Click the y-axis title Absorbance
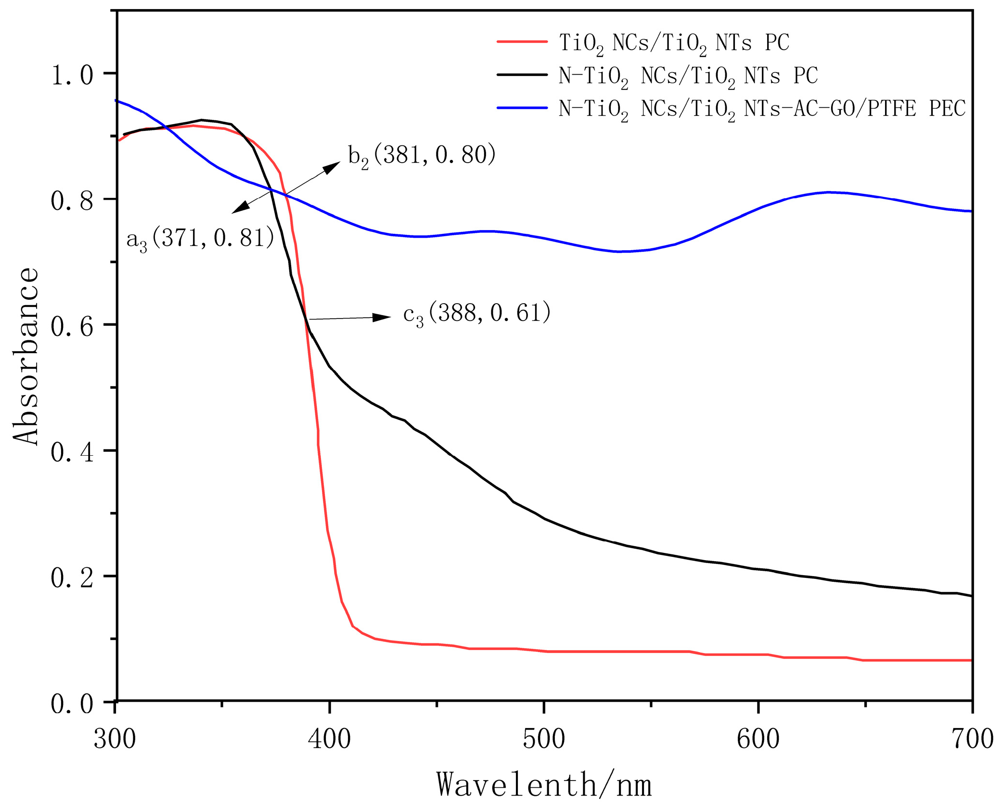pyautogui.click(x=25, y=356)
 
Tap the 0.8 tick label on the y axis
pyautogui.click(x=72, y=201)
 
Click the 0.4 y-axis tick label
pyautogui.click(x=72, y=453)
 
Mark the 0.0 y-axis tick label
pyautogui.click(x=72, y=704)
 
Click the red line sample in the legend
pyautogui.click(x=522, y=42)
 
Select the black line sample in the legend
pyautogui.click(x=522, y=75)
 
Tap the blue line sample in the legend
pyautogui.click(x=522, y=108)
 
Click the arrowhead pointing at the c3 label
pyautogui.click(x=383, y=317)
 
